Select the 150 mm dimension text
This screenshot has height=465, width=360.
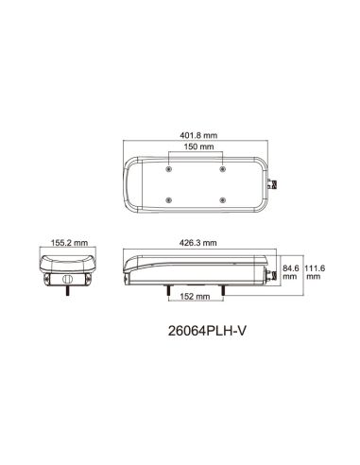point(196,148)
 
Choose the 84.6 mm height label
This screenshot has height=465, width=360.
point(292,272)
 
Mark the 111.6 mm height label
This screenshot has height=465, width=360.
point(314,272)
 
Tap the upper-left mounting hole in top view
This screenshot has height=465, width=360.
point(168,169)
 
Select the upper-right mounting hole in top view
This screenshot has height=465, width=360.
point(223,169)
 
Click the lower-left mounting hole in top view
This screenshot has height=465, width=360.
point(168,199)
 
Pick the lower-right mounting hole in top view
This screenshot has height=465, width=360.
point(223,199)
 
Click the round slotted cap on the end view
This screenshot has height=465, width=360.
point(67,280)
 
